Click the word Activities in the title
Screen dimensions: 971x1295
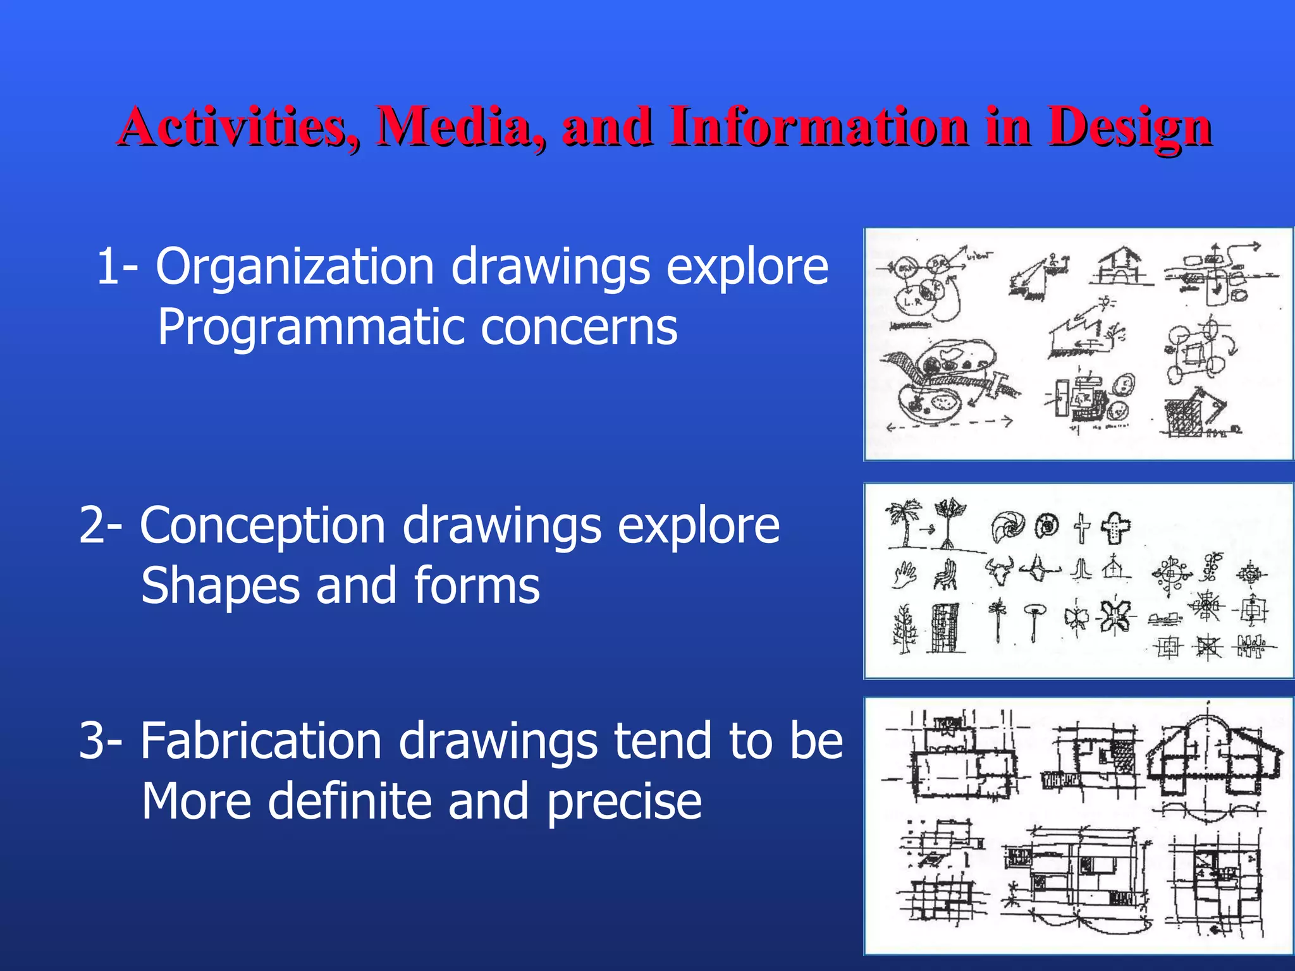tap(234, 126)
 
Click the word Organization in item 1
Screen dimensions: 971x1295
tap(295, 267)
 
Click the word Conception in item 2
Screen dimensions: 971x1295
tap(262, 526)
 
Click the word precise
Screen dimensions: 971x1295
tap(623, 802)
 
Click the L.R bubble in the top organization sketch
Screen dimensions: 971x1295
tap(913, 300)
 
